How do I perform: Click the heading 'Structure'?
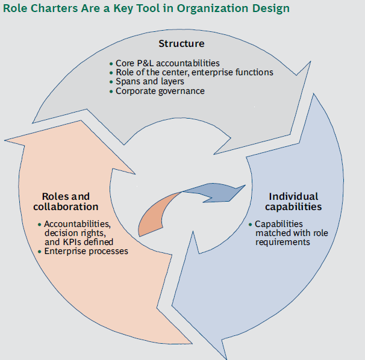pos(181,43)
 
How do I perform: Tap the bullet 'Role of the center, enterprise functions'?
pos(194,72)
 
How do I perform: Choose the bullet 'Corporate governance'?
pos(160,91)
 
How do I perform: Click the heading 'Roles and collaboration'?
pos(66,202)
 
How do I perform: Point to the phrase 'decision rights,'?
pos(75,233)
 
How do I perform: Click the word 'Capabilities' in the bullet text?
pos(278,224)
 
